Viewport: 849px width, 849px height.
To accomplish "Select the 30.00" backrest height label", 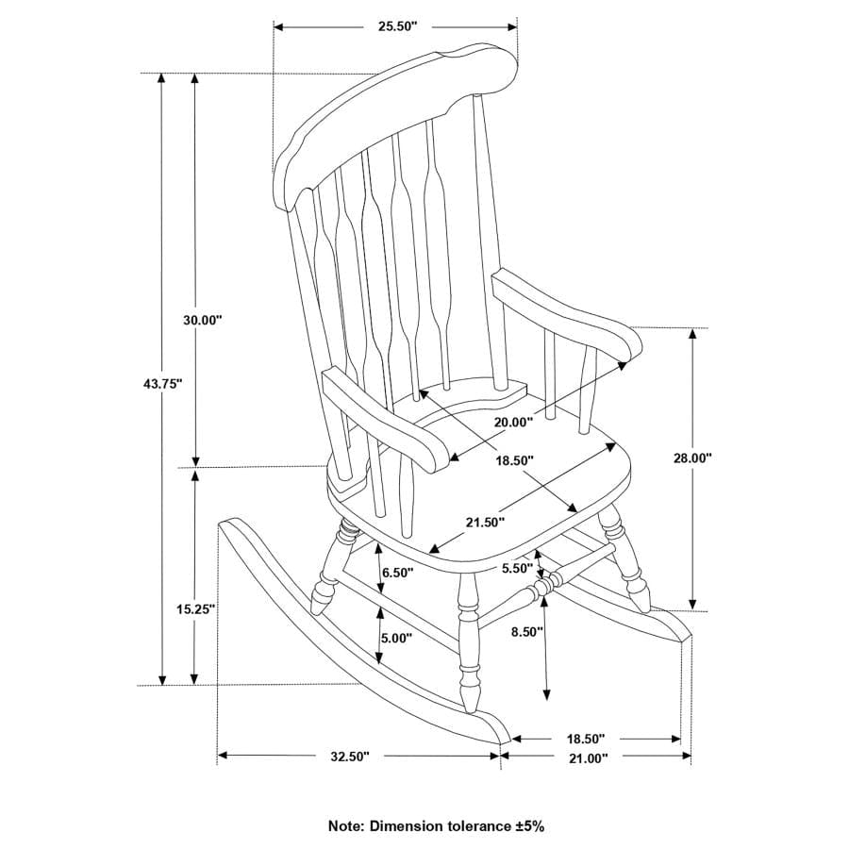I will (202, 320).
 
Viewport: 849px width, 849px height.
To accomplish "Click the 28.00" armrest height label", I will (692, 458).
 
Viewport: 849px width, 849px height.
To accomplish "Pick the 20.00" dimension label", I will (512, 422).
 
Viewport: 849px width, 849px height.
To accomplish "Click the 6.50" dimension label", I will (397, 573).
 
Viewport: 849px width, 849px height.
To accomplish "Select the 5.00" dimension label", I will (397, 638).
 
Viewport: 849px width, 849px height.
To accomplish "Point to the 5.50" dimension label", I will (518, 569).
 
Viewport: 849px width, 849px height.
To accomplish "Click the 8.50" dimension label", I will (526, 632).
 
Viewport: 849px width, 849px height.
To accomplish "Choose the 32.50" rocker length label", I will (350, 757).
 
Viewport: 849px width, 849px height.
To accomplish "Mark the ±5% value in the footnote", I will (529, 825).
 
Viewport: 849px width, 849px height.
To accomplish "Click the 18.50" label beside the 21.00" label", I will (586, 738).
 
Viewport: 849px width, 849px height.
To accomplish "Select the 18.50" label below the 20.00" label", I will (515, 459).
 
